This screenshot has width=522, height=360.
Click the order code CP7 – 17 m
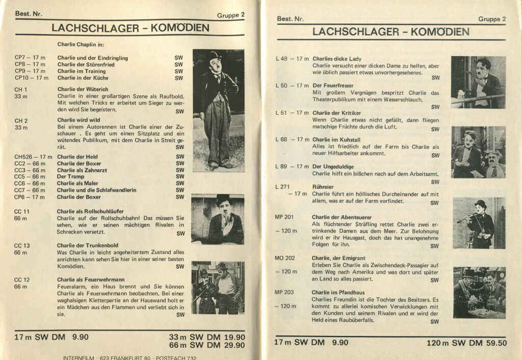coord(30,58)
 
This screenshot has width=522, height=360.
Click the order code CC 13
coord(22,245)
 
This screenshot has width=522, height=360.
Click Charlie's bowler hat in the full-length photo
coord(213,55)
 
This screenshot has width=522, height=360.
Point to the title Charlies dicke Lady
coord(336,59)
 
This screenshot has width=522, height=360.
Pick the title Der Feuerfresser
coord(333,85)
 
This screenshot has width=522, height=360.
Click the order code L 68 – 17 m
coord(292,139)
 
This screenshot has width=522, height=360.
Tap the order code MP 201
coord(284,217)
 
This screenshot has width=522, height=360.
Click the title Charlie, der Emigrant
coord(338,258)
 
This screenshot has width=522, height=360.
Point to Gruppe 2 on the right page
coord(492,19)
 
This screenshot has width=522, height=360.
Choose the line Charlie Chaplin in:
coord(81,44)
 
